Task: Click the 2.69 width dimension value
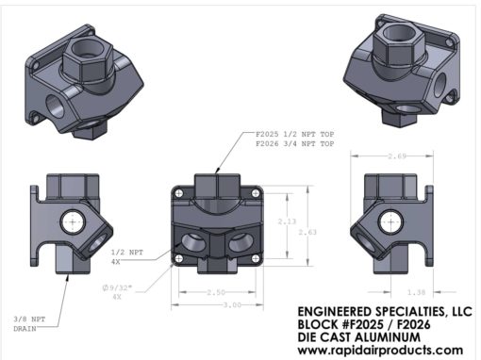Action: tap(397, 155)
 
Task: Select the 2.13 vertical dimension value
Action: tap(287, 221)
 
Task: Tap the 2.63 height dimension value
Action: tap(307, 232)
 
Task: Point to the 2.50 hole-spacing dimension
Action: tap(216, 292)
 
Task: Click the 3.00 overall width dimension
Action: tap(232, 304)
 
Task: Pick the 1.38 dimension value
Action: tap(416, 292)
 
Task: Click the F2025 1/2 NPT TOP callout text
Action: tap(295, 134)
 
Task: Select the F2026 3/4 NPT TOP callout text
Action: tap(295, 144)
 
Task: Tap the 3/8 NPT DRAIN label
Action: tap(29, 324)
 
